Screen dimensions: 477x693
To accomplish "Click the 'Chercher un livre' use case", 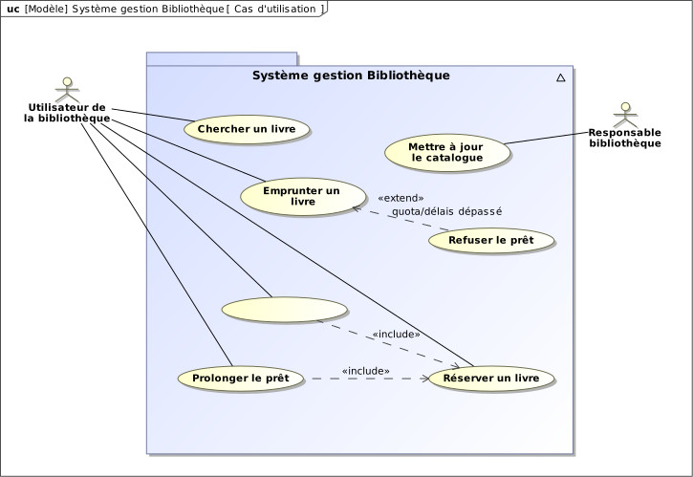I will pos(247,128).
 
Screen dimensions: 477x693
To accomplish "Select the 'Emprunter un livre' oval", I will pos(302,196).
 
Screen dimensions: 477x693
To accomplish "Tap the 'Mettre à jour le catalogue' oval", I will pos(446,153).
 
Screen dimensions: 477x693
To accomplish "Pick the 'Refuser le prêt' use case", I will pos(491,240).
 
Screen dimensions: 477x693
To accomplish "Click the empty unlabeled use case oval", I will pos(284,310).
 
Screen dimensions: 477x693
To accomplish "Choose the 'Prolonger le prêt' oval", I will pos(241,378).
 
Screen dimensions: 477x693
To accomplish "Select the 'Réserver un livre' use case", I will pos(492,379).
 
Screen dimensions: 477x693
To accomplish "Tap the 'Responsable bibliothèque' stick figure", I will pos(625,114).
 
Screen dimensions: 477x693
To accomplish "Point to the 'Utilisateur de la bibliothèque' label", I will pos(67,113).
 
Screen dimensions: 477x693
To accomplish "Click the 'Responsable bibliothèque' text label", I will pos(625,138).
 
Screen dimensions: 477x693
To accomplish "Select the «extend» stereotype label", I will pos(399,197).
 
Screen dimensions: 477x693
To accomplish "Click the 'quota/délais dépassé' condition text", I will pos(446,211).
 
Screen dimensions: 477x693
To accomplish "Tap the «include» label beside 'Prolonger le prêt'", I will pos(365,370).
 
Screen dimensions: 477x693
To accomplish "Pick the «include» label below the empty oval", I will pos(396,334).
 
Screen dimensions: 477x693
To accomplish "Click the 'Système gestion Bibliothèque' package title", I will pos(350,76).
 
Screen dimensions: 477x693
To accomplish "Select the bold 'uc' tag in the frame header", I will pos(13,8).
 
